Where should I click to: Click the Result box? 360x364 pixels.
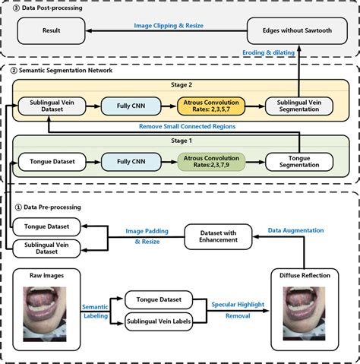pos(52,32)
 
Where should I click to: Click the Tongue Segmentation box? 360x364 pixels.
pos(298,161)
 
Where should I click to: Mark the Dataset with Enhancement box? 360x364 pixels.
pos(219,236)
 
